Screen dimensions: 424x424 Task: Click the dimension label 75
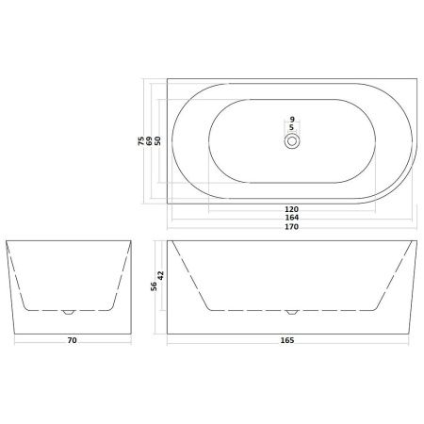click(141, 140)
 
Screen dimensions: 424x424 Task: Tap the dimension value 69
click(150, 140)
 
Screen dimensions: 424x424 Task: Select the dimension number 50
click(158, 140)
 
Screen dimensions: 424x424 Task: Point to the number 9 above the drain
click(292, 119)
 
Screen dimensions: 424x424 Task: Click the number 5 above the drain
click(292, 127)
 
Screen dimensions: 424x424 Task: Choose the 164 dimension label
click(292, 217)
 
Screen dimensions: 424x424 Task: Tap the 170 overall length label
click(292, 227)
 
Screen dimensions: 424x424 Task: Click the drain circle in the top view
click(292, 140)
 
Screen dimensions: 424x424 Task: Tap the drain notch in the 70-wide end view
click(67, 311)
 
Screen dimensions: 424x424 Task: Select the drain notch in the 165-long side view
click(292, 311)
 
